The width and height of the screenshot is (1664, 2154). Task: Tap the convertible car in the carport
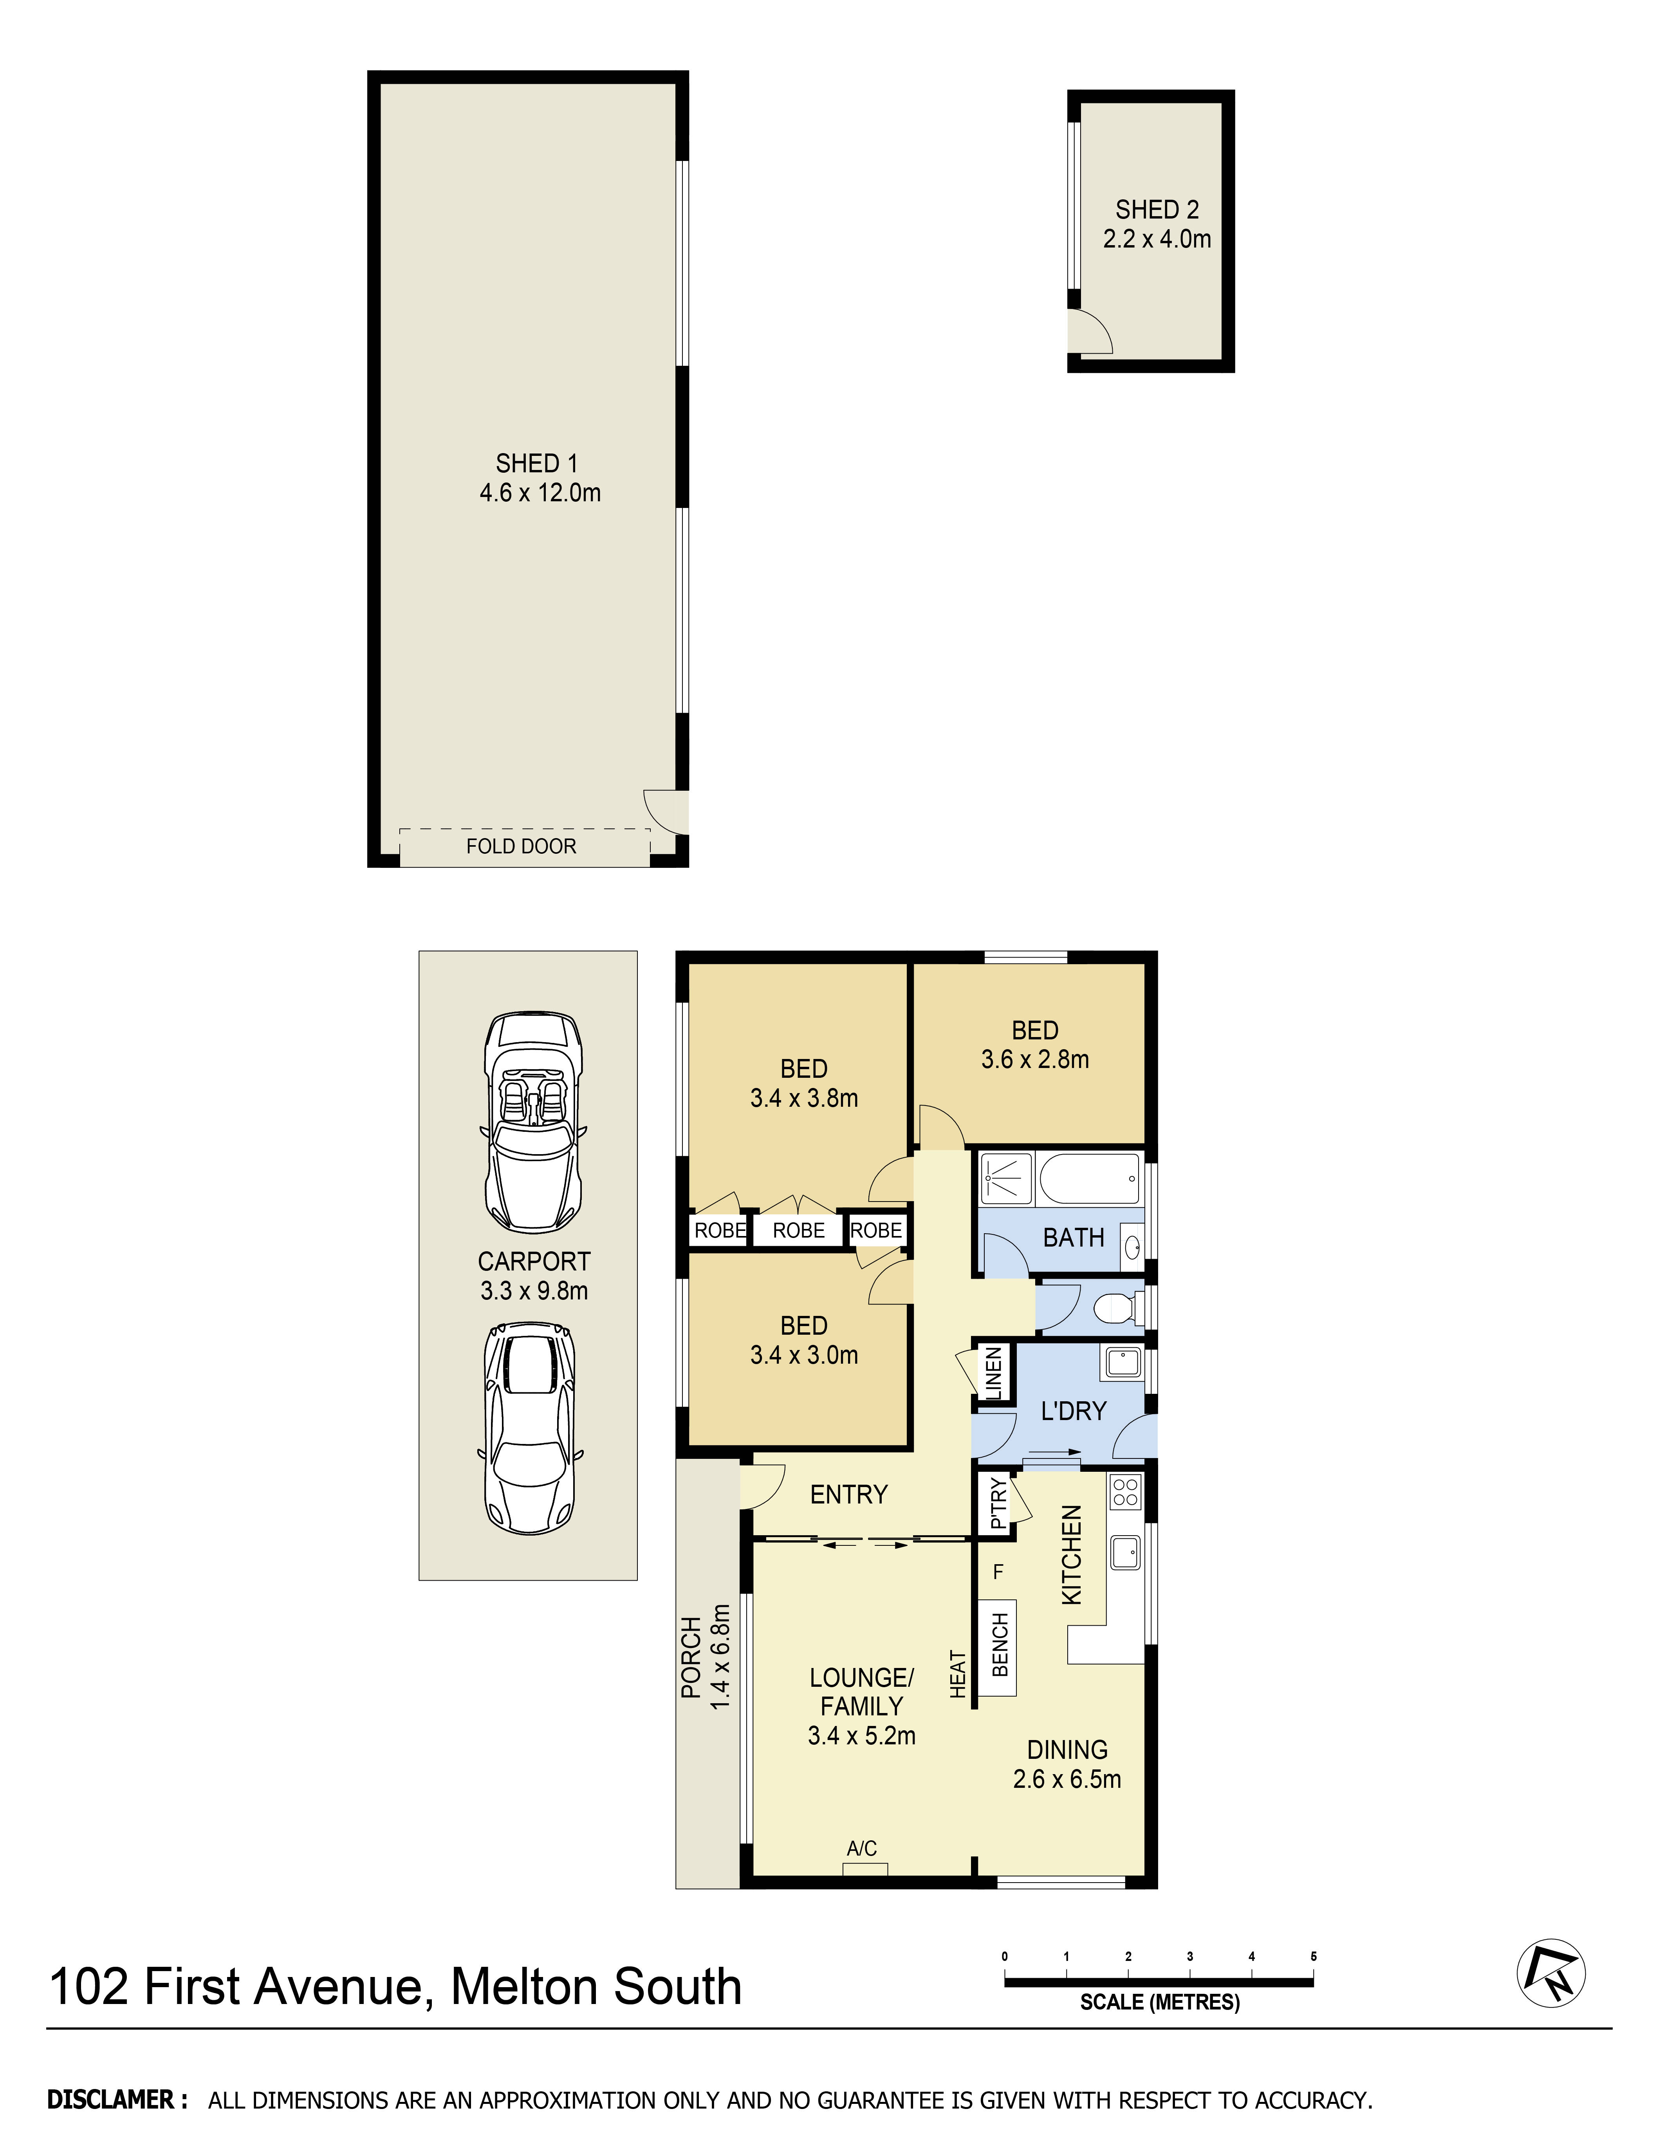point(533,1122)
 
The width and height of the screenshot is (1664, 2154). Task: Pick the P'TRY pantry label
point(998,1502)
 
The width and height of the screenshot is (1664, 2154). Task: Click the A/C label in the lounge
point(862,1848)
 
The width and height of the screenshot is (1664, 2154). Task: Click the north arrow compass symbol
point(1550,1973)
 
